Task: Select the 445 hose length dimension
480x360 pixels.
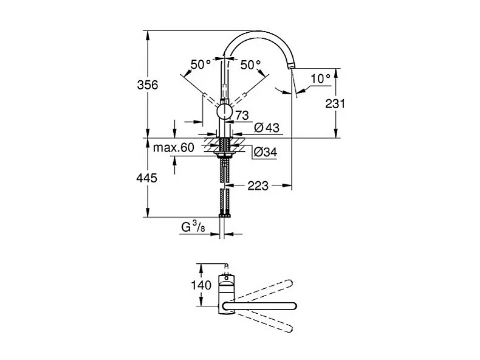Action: (146, 178)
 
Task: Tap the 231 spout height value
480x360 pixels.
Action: (334, 104)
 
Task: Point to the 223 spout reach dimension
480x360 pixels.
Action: (258, 185)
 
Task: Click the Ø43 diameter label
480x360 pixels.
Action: (266, 128)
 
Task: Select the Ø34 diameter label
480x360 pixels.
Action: (264, 153)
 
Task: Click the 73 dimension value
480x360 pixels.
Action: (242, 115)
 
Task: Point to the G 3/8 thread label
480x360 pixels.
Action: (193, 227)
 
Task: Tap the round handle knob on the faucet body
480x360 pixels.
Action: (224, 111)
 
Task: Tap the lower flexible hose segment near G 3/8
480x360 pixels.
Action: (225, 200)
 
